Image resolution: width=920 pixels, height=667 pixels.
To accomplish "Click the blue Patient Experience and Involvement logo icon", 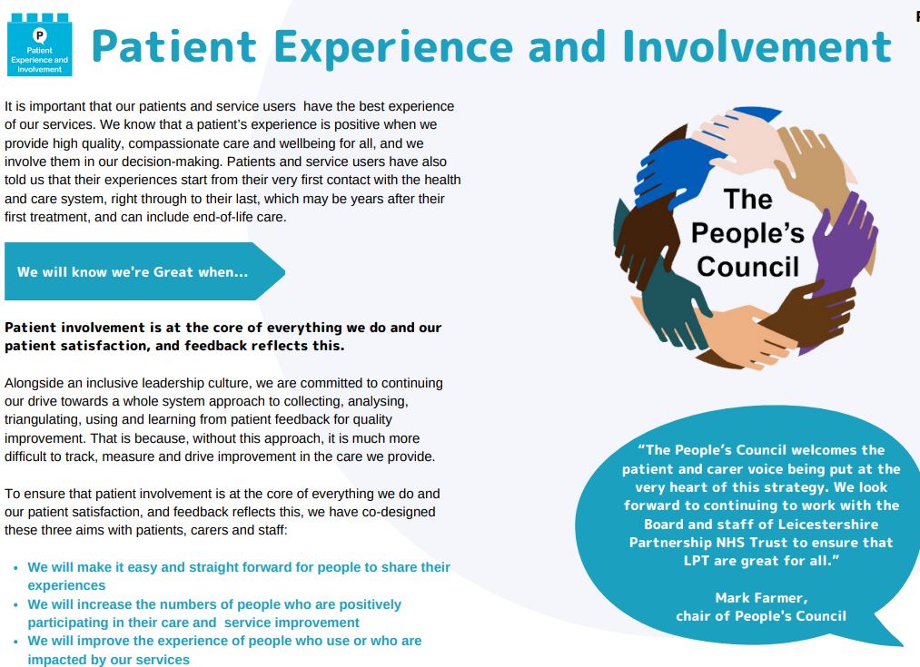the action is (x=39, y=44).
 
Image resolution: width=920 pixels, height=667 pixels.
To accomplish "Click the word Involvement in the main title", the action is (x=757, y=46).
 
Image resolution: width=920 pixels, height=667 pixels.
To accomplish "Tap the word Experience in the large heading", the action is (x=393, y=48).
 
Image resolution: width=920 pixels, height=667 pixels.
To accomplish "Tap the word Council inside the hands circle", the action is (x=748, y=267).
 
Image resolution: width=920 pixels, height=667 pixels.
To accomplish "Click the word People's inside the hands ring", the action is (x=747, y=233).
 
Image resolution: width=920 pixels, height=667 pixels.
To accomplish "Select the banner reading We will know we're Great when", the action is (x=144, y=271).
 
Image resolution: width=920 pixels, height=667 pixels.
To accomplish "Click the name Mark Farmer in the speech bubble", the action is (x=761, y=598).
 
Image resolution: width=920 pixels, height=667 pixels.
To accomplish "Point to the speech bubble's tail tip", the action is (x=903, y=644).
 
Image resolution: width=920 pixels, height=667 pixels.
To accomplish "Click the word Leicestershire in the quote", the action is (x=827, y=524).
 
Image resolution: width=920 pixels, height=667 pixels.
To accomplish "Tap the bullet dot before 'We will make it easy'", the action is (x=15, y=568).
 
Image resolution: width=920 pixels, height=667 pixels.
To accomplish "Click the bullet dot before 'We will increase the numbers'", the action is (x=15, y=605).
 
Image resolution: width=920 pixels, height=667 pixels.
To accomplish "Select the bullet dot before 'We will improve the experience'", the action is (x=15, y=642).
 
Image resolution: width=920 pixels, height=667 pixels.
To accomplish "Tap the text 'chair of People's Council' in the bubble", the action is (x=761, y=616).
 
